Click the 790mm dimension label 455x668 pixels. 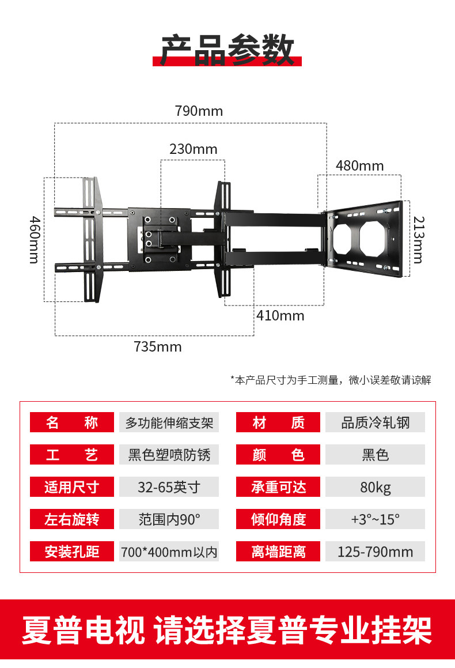click(x=199, y=111)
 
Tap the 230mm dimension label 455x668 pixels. click(x=194, y=149)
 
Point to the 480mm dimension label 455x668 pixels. click(x=359, y=166)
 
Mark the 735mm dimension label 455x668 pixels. click(x=158, y=346)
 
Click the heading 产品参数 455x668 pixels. click(x=227, y=50)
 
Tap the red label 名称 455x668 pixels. click(x=72, y=422)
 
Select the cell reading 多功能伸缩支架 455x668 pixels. click(x=169, y=422)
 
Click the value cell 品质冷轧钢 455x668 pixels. click(x=375, y=422)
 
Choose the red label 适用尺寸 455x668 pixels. click(x=72, y=487)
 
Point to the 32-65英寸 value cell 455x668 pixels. click(x=169, y=487)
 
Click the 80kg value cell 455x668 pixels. click(x=375, y=487)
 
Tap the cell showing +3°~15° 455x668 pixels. click(x=375, y=519)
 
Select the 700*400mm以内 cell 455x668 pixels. click(x=169, y=552)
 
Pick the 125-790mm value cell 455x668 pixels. click(x=375, y=552)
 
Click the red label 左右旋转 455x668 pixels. click(x=72, y=519)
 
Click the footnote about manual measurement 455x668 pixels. click(x=331, y=380)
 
